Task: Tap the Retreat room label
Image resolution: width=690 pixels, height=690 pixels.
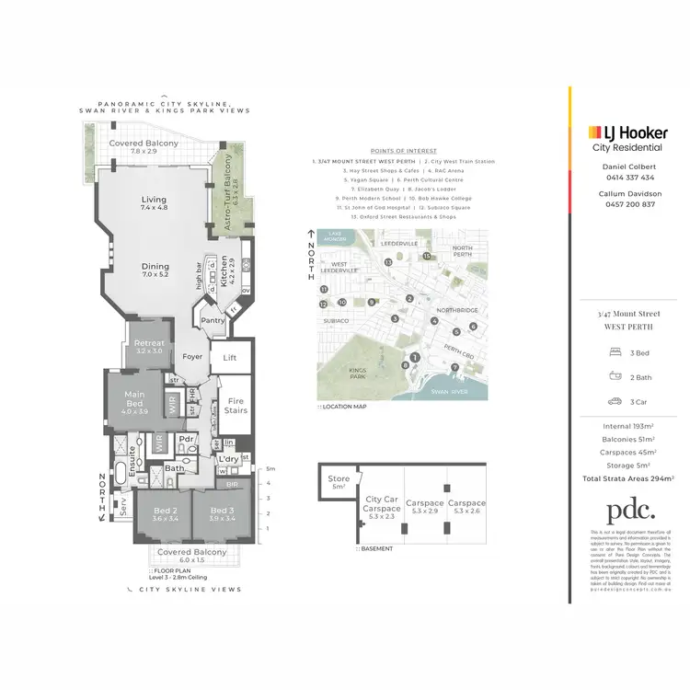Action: pos(150,346)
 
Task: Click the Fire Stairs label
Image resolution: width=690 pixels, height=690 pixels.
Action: pos(236,406)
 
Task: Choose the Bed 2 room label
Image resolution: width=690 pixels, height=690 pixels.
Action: pos(165,514)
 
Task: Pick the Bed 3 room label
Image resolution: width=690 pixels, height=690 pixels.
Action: pos(223,514)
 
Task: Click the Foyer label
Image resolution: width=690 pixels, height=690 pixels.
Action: pos(193,356)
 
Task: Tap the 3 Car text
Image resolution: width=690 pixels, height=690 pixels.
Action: pos(641,400)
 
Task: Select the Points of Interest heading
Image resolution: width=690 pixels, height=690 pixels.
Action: pos(403,150)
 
